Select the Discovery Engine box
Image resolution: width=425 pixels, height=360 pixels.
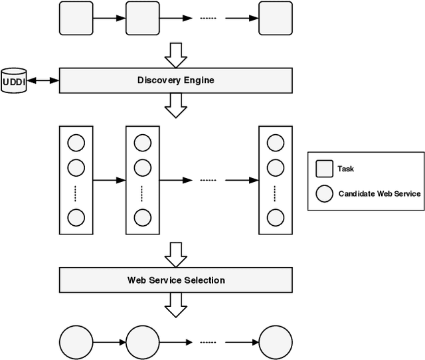(x=176, y=80)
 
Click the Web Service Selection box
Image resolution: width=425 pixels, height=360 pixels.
(x=176, y=280)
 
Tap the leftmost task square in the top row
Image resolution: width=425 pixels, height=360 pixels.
(x=76, y=18)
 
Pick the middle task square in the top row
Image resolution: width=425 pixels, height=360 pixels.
(x=143, y=18)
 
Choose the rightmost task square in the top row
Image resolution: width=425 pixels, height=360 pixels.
(x=276, y=18)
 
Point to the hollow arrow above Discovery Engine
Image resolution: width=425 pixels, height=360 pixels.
(x=176, y=55)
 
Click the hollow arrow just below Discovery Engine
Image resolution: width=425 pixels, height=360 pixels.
(x=176, y=105)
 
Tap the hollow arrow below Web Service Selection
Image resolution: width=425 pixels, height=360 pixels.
(x=176, y=304)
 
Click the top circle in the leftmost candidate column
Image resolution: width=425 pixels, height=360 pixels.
(x=76, y=143)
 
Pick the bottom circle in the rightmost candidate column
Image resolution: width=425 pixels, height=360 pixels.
(x=276, y=217)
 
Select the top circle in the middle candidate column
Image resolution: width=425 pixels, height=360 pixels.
(x=143, y=143)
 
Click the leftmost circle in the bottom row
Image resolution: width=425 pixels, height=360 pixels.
(x=76, y=342)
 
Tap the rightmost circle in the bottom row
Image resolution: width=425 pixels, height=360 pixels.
(x=276, y=342)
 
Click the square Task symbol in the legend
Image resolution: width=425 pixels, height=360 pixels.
(x=324, y=169)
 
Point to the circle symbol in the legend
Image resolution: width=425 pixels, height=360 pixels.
(x=324, y=194)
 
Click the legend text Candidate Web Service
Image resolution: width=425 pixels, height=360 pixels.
(x=379, y=194)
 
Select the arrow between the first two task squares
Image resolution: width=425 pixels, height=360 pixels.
(x=110, y=18)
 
